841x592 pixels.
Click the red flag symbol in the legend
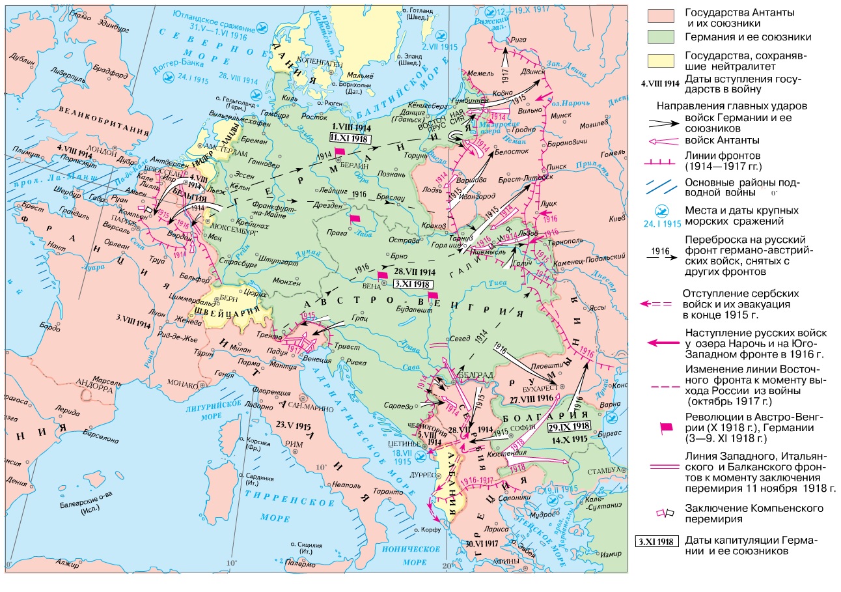point(666,427)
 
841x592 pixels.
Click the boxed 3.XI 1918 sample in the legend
point(657,541)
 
